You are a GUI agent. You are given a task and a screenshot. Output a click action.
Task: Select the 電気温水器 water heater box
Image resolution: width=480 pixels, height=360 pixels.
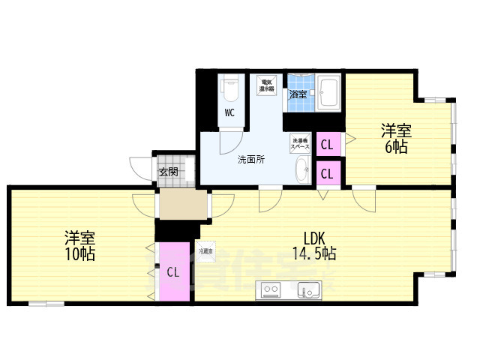point(266,84)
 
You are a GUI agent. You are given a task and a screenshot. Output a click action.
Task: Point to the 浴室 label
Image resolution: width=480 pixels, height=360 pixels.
point(298,94)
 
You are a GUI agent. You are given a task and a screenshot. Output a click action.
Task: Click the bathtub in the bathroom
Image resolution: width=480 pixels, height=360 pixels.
point(328,93)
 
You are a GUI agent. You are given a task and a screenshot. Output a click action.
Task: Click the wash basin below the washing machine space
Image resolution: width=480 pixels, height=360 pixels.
point(301,169)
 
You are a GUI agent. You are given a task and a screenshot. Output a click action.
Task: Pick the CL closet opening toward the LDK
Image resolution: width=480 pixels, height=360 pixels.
point(327,173)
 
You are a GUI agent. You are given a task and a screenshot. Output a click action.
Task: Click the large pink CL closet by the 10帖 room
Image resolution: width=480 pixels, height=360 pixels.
point(173,272)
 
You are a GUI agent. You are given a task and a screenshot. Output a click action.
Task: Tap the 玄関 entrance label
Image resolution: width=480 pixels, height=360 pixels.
point(169,172)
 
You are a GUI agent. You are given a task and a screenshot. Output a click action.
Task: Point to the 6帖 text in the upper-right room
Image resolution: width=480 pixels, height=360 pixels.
point(396,147)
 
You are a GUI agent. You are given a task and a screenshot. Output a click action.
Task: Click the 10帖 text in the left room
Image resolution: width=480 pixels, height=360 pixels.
point(79,253)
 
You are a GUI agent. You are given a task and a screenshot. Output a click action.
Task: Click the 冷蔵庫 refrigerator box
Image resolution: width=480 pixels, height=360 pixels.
point(205,250)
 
